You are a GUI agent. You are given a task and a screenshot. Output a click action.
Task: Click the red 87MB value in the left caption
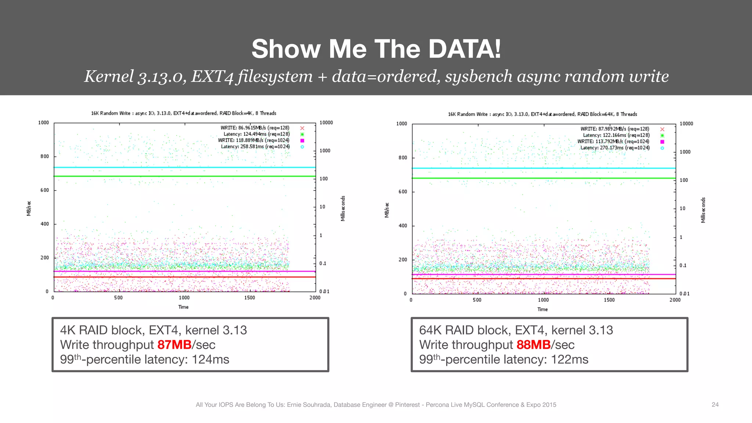tap(174, 345)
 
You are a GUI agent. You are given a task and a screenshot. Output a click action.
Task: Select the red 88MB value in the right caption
tap(534, 345)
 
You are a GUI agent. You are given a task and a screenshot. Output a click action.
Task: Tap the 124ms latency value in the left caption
tap(210, 359)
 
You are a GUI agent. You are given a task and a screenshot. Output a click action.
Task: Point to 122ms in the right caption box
tap(570, 359)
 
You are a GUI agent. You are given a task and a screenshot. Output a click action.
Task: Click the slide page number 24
tap(715, 405)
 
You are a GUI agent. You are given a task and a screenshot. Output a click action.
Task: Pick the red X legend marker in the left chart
tap(302, 128)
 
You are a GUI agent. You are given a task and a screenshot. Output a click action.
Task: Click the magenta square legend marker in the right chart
tap(662, 142)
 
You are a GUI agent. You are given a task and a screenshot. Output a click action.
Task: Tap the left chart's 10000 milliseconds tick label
tap(326, 123)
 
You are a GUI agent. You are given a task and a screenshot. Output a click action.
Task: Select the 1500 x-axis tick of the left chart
tap(249, 298)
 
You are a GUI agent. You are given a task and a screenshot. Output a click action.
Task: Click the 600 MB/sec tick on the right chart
tap(403, 192)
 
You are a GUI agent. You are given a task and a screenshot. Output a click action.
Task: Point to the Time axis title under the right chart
tap(542, 310)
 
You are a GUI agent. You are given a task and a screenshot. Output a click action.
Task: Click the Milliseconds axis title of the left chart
tap(343, 208)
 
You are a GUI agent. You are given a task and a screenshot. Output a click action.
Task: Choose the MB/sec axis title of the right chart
tap(387, 210)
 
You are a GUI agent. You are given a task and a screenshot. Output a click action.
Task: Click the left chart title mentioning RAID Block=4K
tap(184, 113)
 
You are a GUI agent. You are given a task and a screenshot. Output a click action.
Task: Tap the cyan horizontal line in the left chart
tap(184, 167)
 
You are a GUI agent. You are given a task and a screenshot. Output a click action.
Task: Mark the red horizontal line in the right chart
tap(543, 279)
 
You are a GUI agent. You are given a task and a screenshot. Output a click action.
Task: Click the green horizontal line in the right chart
tap(543, 178)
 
